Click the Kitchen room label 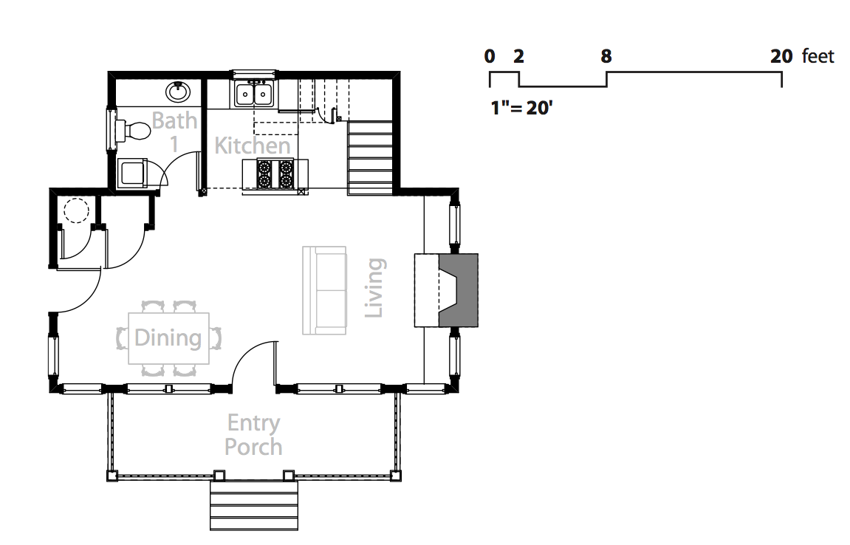[253, 145]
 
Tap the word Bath [174, 120]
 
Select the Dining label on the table [168, 337]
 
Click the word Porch [253, 447]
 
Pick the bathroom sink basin [178, 92]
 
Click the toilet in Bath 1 [132, 130]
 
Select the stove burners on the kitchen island [275, 174]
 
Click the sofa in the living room [324, 290]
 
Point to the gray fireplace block [458, 290]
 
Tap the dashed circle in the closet [76, 210]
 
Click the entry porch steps [254, 505]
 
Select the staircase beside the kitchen [370, 157]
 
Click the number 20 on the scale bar [781, 56]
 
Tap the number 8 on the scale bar [606, 56]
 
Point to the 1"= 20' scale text [521, 108]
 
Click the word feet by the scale [818, 56]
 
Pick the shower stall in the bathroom [132, 173]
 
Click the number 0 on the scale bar [490, 56]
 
